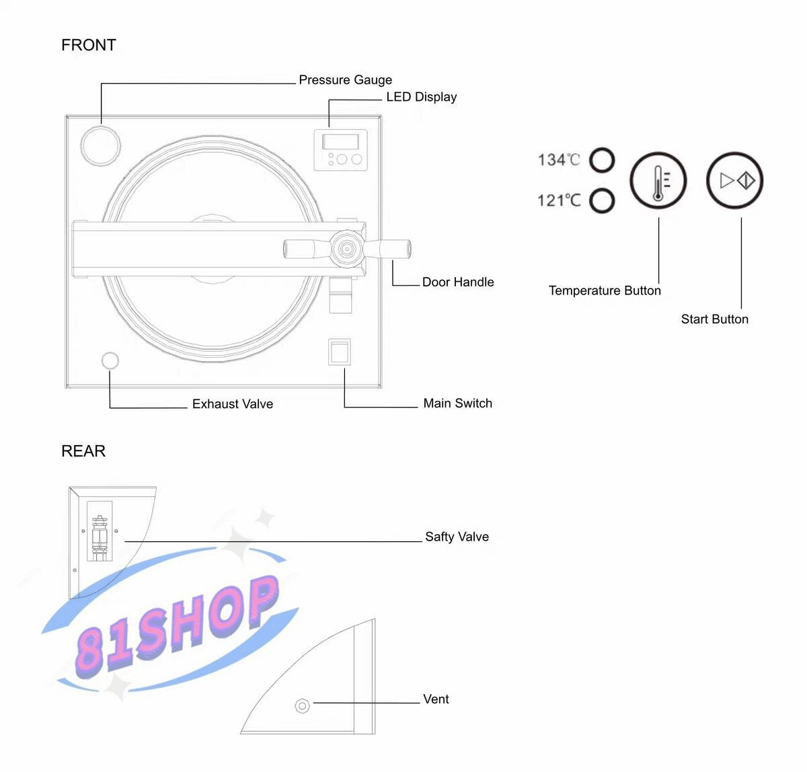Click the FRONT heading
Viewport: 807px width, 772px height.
pyautogui.click(x=89, y=45)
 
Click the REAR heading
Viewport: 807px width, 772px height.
pyautogui.click(x=83, y=451)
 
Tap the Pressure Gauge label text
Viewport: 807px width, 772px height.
pyautogui.click(x=345, y=80)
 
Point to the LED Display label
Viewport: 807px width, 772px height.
pyautogui.click(x=421, y=97)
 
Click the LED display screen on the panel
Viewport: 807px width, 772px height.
pyautogui.click(x=340, y=142)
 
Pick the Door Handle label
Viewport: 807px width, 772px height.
pyautogui.click(x=458, y=282)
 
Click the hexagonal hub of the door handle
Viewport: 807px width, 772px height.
pyautogui.click(x=346, y=249)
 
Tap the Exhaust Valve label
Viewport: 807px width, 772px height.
pyautogui.click(x=233, y=404)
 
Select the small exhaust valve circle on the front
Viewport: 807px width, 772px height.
pyautogui.click(x=110, y=360)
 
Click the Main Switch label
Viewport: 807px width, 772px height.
pyautogui.click(x=457, y=403)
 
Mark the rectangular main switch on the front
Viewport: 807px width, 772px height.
pyautogui.click(x=340, y=352)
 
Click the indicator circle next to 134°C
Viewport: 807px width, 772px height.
pyautogui.click(x=602, y=161)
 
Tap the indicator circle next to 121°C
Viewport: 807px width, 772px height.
pyautogui.click(x=602, y=200)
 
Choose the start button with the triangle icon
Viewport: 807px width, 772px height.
pyautogui.click(x=735, y=180)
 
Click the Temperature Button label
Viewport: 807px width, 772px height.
pyautogui.click(x=605, y=291)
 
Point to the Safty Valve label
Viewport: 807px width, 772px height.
pyautogui.click(x=457, y=537)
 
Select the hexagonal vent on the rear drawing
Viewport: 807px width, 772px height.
pyautogui.click(x=303, y=706)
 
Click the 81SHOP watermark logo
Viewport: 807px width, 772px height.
pyautogui.click(x=176, y=625)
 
